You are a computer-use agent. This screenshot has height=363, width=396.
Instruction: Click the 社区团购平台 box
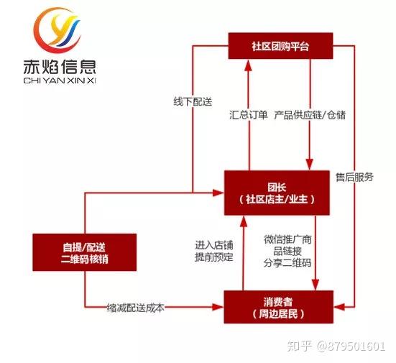point(280,46)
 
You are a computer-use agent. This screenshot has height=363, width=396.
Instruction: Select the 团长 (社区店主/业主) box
point(277,193)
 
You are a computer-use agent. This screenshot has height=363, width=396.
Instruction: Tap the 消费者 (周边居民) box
point(279,307)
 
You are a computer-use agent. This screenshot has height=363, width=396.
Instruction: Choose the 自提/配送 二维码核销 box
point(85,252)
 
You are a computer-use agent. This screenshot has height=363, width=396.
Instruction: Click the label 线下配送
point(193,102)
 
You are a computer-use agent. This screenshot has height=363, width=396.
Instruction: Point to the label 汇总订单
point(248,115)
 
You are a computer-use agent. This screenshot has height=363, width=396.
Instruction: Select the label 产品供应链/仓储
point(310,115)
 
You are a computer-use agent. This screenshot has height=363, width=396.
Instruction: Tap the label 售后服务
point(354,177)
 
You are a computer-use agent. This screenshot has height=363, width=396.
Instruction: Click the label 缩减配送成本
point(135,308)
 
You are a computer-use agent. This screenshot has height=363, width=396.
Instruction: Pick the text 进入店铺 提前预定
point(214,251)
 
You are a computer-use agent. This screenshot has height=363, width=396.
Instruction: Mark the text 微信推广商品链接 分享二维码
point(287,251)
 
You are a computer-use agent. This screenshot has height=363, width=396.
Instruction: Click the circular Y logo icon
point(57,29)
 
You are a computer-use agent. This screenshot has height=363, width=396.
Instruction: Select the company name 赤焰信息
point(60,67)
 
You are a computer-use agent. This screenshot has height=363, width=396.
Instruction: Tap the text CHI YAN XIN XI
point(60,81)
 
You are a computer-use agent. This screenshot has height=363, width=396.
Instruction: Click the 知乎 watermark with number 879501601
point(336,346)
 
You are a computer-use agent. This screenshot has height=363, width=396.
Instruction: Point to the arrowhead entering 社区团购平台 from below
point(249,65)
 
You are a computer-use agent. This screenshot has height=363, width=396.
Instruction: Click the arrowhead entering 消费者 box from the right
point(339,307)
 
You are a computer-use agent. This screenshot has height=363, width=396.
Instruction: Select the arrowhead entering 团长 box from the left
point(218,193)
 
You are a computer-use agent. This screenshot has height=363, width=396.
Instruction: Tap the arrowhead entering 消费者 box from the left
point(218,307)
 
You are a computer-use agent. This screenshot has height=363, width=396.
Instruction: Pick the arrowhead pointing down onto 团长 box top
point(310,165)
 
